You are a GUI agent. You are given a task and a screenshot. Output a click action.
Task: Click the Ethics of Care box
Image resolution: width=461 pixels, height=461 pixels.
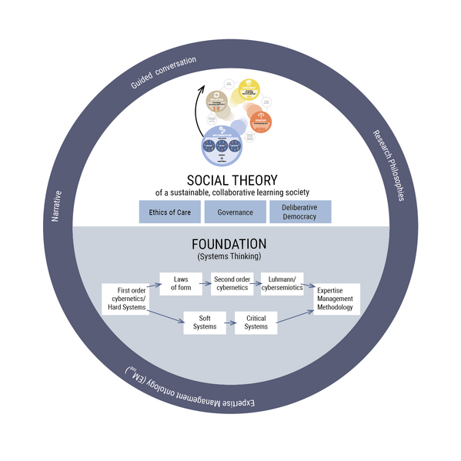[170, 212]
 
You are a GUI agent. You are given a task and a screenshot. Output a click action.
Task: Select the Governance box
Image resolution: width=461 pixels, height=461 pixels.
[235, 212]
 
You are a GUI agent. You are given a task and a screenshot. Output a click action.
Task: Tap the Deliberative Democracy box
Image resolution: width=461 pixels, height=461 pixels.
[300, 212]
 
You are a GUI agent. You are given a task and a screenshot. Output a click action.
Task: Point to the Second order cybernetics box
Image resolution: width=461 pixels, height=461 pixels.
[232, 284]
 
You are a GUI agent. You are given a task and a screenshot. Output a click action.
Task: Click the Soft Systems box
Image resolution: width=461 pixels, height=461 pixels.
[204, 322]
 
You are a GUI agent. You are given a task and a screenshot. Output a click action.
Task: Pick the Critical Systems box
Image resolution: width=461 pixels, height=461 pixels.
[256, 322]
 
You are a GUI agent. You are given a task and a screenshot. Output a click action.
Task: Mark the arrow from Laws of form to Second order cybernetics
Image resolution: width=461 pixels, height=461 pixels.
[205, 284]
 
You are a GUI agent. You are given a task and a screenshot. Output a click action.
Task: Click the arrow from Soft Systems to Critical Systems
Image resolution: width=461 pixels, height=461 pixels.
[230, 322]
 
